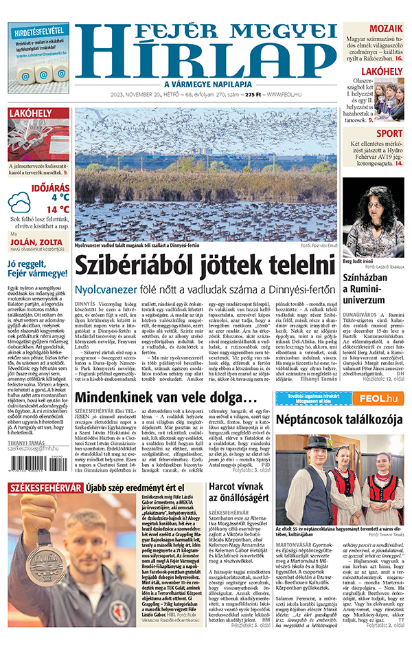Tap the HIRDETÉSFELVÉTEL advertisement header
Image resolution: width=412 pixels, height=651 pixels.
(x=38, y=30)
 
